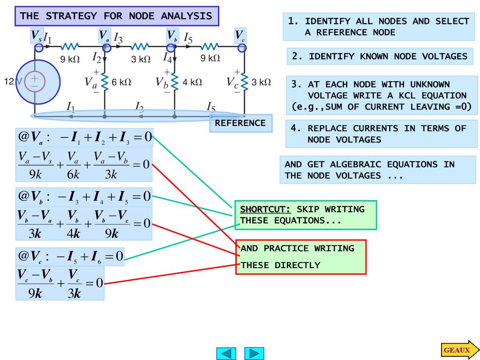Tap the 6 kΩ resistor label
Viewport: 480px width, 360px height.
tap(121, 82)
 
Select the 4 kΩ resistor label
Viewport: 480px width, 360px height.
tap(192, 82)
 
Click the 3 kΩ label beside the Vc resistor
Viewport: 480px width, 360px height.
tap(261, 82)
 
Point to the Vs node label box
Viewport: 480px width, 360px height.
tap(37, 35)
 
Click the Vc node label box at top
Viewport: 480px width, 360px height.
tap(240, 35)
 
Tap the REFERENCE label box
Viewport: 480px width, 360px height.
tap(240, 123)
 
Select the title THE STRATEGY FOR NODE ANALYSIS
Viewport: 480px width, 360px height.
tap(116, 16)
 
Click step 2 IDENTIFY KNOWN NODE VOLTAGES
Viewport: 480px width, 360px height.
tap(380, 56)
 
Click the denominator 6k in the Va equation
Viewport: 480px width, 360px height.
tap(74, 174)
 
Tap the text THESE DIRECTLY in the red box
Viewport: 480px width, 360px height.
tap(280, 265)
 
